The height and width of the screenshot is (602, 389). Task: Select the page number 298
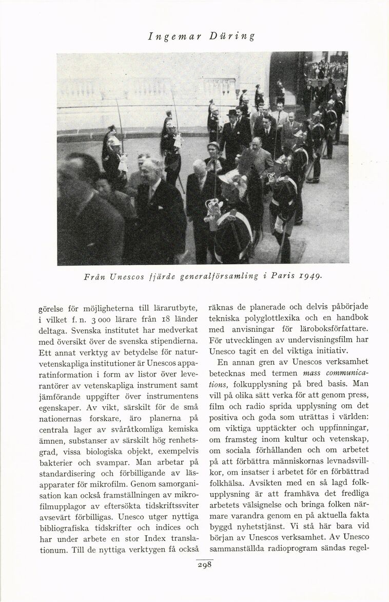pos(204,565)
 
